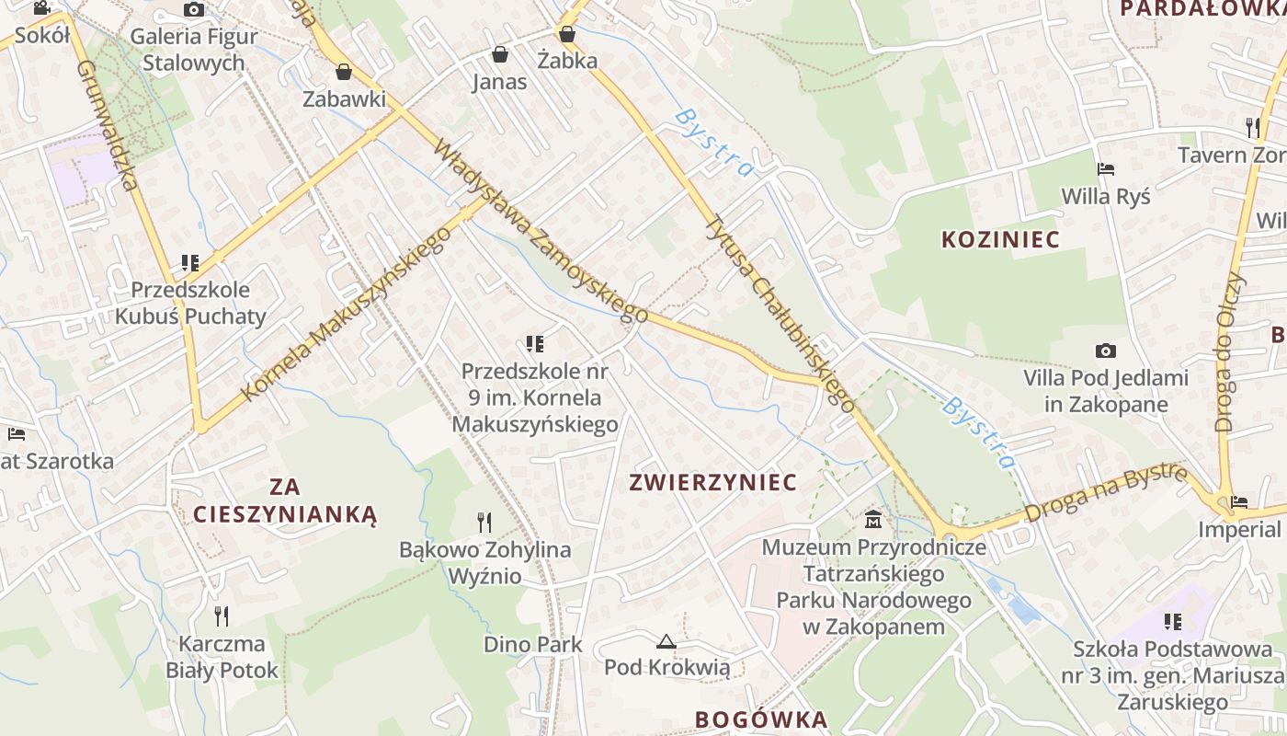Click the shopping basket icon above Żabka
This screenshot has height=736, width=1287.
click(x=567, y=34)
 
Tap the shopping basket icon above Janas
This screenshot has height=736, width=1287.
click(x=500, y=54)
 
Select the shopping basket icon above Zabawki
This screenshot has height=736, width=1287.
click(x=344, y=71)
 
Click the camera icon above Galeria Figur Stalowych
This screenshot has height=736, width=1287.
click(x=194, y=10)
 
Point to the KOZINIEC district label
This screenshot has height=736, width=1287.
click(x=1001, y=239)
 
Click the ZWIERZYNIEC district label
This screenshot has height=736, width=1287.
click(x=712, y=482)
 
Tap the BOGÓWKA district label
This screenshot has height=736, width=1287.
click(x=761, y=719)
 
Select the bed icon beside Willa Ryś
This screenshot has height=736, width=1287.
click(x=1106, y=169)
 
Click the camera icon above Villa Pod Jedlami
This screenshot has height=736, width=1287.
click(x=1106, y=351)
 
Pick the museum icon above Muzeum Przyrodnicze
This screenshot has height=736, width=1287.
click(x=873, y=521)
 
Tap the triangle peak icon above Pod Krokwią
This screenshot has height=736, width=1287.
click(x=666, y=640)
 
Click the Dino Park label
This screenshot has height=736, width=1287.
click(x=533, y=644)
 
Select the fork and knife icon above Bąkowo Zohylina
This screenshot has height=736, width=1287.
click(x=484, y=523)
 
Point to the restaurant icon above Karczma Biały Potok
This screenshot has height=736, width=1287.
click(x=222, y=615)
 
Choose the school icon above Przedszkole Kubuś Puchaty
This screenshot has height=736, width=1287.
click(x=190, y=263)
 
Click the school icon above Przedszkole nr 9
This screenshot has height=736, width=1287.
click(x=535, y=344)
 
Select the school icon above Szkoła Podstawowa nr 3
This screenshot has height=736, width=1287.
click(x=1172, y=622)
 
